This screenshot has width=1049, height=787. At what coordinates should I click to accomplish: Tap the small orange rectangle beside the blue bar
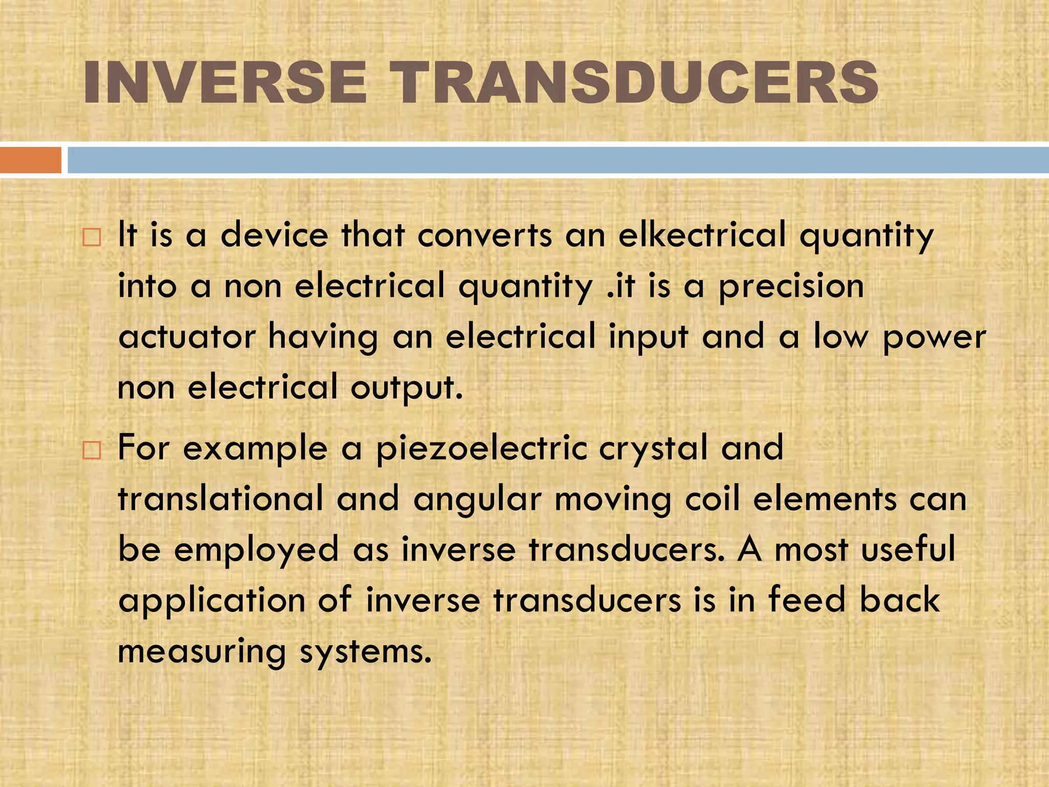click(x=30, y=160)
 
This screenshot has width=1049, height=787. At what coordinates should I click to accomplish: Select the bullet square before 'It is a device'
click(x=92, y=238)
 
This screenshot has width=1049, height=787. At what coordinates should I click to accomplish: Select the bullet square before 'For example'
click(x=92, y=451)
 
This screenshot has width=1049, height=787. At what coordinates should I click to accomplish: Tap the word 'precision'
click(x=791, y=287)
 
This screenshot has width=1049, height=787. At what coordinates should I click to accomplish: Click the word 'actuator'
click(x=187, y=337)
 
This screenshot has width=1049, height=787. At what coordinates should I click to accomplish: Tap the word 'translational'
click(x=221, y=499)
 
